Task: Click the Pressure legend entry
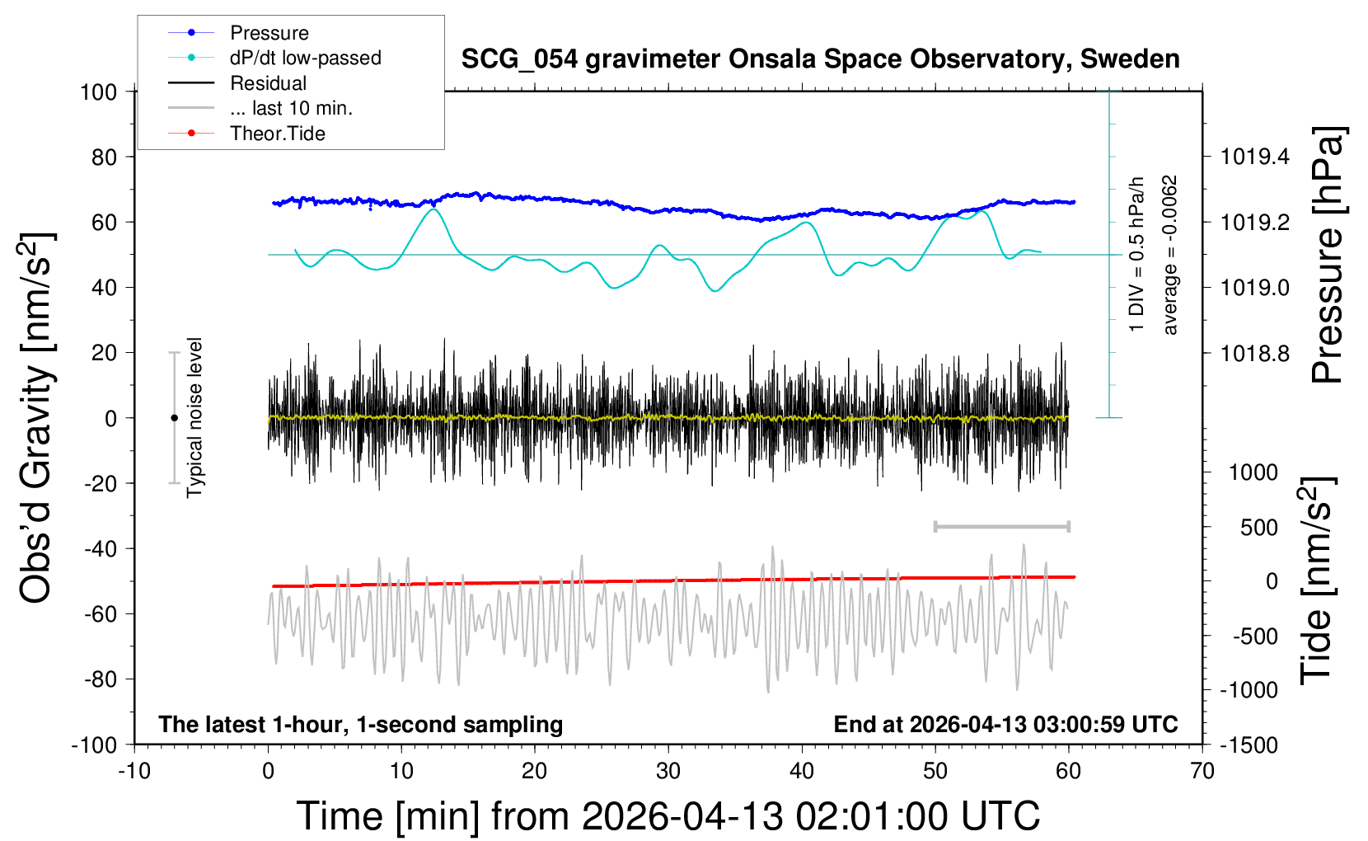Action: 269,33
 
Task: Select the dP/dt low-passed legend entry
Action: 305,58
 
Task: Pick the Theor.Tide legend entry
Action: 277,134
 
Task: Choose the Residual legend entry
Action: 268,83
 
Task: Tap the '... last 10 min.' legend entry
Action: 291,108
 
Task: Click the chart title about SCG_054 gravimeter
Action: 820,59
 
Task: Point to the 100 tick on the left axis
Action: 98,92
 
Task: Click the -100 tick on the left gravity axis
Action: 94,745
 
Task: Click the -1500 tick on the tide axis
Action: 1249,745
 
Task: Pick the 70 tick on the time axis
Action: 1202,772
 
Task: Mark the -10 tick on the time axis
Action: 134,772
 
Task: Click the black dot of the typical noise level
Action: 174,418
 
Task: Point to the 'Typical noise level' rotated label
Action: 194,417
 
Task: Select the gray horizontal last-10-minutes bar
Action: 1001,526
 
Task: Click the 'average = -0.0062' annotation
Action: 1170,255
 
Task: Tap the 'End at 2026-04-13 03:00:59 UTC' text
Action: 1005,725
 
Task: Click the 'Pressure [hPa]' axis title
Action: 1328,256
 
